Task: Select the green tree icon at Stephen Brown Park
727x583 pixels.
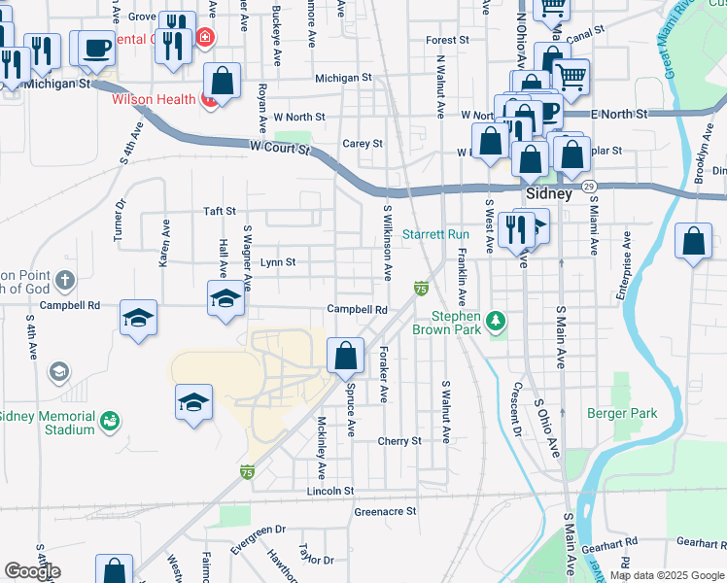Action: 496,320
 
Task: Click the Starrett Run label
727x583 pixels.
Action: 435,234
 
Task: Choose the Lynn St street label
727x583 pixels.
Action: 278,262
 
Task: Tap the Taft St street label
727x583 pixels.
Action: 220,211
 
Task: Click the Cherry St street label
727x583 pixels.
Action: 399,440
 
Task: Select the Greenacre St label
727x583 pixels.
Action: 385,510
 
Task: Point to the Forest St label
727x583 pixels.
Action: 447,41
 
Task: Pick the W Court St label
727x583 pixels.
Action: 279,149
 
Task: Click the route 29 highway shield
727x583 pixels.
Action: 589,186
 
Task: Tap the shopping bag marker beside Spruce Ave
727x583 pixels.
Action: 346,356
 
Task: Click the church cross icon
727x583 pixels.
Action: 65,282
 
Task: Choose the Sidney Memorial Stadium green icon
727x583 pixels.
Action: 111,421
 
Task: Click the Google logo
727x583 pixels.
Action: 32,571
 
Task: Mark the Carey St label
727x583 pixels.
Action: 363,143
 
